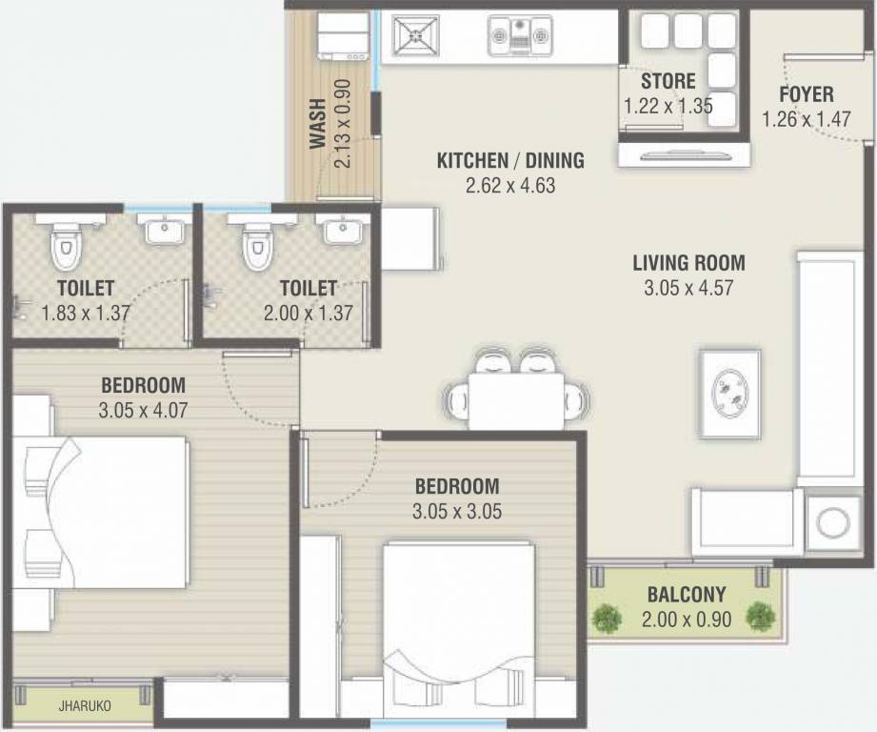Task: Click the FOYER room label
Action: (806, 94)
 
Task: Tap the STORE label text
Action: (668, 81)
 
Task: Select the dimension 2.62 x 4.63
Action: (510, 185)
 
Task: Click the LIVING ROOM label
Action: (688, 263)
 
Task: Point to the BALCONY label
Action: (687, 595)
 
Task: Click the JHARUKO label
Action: (85, 705)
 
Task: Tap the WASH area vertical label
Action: (318, 123)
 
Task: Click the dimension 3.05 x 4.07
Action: (143, 410)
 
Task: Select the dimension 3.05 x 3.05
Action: (457, 512)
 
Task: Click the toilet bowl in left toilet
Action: (66, 245)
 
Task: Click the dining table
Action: (516, 401)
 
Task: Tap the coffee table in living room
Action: (731, 395)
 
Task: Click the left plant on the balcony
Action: (607, 619)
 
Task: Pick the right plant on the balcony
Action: (761, 616)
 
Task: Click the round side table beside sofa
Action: (833, 523)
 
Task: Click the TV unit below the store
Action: (684, 155)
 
